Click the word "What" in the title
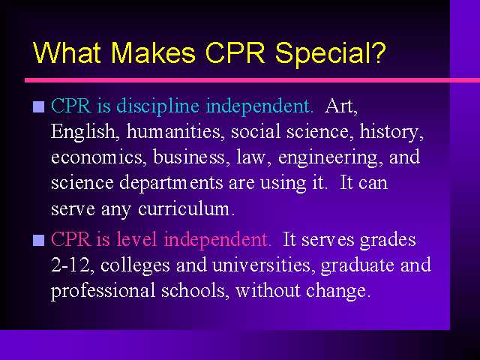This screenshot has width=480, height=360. (x=67, y=52)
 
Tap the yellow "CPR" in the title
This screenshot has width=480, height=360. (x=235, y=52)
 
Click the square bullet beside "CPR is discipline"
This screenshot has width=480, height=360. (x=38, y=106)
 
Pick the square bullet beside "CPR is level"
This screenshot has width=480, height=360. (x=38, y=240)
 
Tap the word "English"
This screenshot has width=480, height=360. (x=83, y=132)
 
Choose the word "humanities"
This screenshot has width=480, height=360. (x=173, y=132)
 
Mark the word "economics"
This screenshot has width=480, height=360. (x=97, y=157)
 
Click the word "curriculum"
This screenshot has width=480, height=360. (x=187, y=209)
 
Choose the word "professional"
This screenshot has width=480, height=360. (x=103, y=292)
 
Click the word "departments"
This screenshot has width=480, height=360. (x=171, y=184)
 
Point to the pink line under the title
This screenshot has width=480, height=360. (x=252, y=80)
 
